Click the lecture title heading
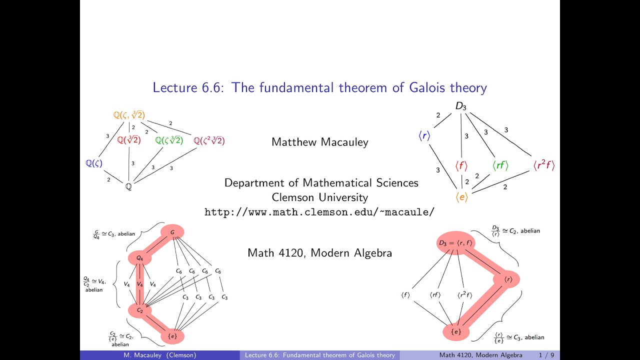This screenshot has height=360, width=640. pos(319,88)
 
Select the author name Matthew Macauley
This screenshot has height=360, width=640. pos(319,142)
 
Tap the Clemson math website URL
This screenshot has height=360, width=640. pos(319,212)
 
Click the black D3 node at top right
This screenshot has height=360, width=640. pos(460,106)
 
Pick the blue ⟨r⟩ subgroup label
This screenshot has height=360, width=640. pos(424,135)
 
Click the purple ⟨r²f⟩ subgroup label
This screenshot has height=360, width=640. pos(543,165)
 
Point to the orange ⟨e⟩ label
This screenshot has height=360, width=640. pos(461,197)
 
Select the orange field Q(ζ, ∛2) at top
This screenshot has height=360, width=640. pos(129,115)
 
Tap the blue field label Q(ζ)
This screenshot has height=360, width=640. pos(93,163)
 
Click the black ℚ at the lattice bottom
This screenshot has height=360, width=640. pos(128,187)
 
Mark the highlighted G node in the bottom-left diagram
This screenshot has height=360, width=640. pos(172,232)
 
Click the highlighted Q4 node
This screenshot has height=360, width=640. pos(140,258)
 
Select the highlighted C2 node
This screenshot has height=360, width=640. pos(140,310)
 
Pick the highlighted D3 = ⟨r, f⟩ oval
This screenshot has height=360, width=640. pos(455,243)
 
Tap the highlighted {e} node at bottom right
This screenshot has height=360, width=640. pos(456,331)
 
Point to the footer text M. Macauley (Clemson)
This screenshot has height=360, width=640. pos(160,355)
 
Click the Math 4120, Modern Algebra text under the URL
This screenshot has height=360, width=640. pos(319,253)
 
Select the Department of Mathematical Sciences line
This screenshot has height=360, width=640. pos(321,182)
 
